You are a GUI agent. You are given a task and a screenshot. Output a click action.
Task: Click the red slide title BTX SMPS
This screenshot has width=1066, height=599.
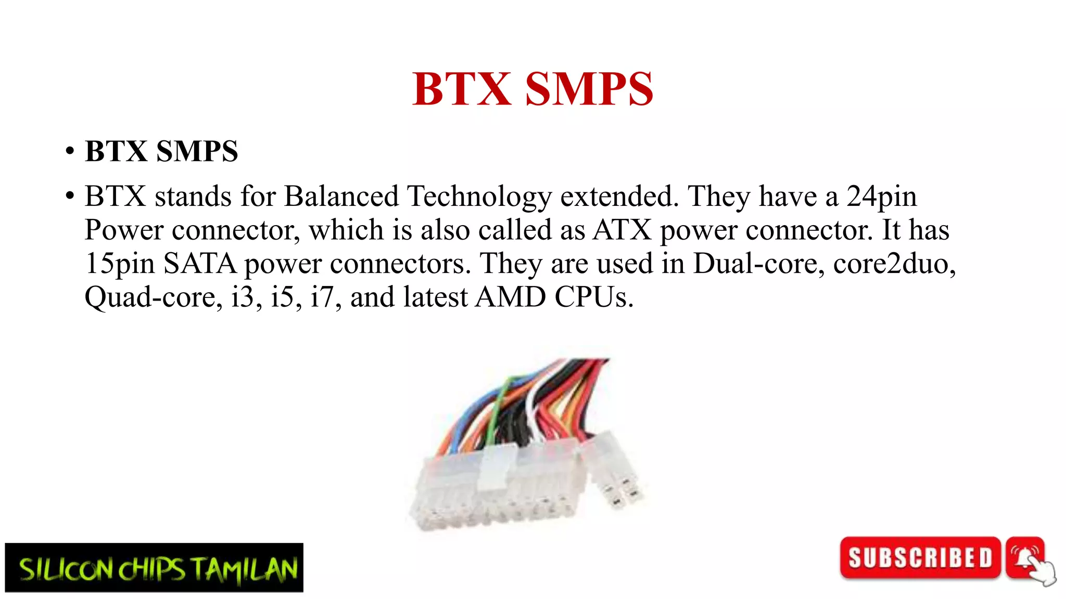pyautogui.click(x=532, y=89)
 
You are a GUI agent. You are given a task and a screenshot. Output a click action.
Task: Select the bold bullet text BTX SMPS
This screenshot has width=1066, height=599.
pyautogui.click(x=161, y=151)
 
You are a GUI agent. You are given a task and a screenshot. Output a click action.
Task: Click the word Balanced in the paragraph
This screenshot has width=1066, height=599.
pyautogui.click(x=341, y=197)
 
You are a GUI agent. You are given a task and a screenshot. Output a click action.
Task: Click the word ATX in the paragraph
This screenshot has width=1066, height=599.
pyautogui.click(x=623, y=230)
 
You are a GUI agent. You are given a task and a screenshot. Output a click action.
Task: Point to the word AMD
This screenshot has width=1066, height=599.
pyautogui.click(x=511, y=297)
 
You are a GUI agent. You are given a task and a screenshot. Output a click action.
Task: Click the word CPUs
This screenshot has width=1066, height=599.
pyautogui.click(x=594, y=297)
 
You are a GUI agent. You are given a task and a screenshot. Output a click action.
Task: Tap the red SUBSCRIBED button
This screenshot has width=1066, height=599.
pyautogui.click(x=920, y=558)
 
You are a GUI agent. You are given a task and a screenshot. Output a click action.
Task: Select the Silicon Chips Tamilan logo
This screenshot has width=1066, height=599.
pyautogui.click(x=154, y=568)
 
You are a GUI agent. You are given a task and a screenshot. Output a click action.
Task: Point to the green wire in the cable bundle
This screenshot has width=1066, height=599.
pyautogui.click(x=497, y=411)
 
